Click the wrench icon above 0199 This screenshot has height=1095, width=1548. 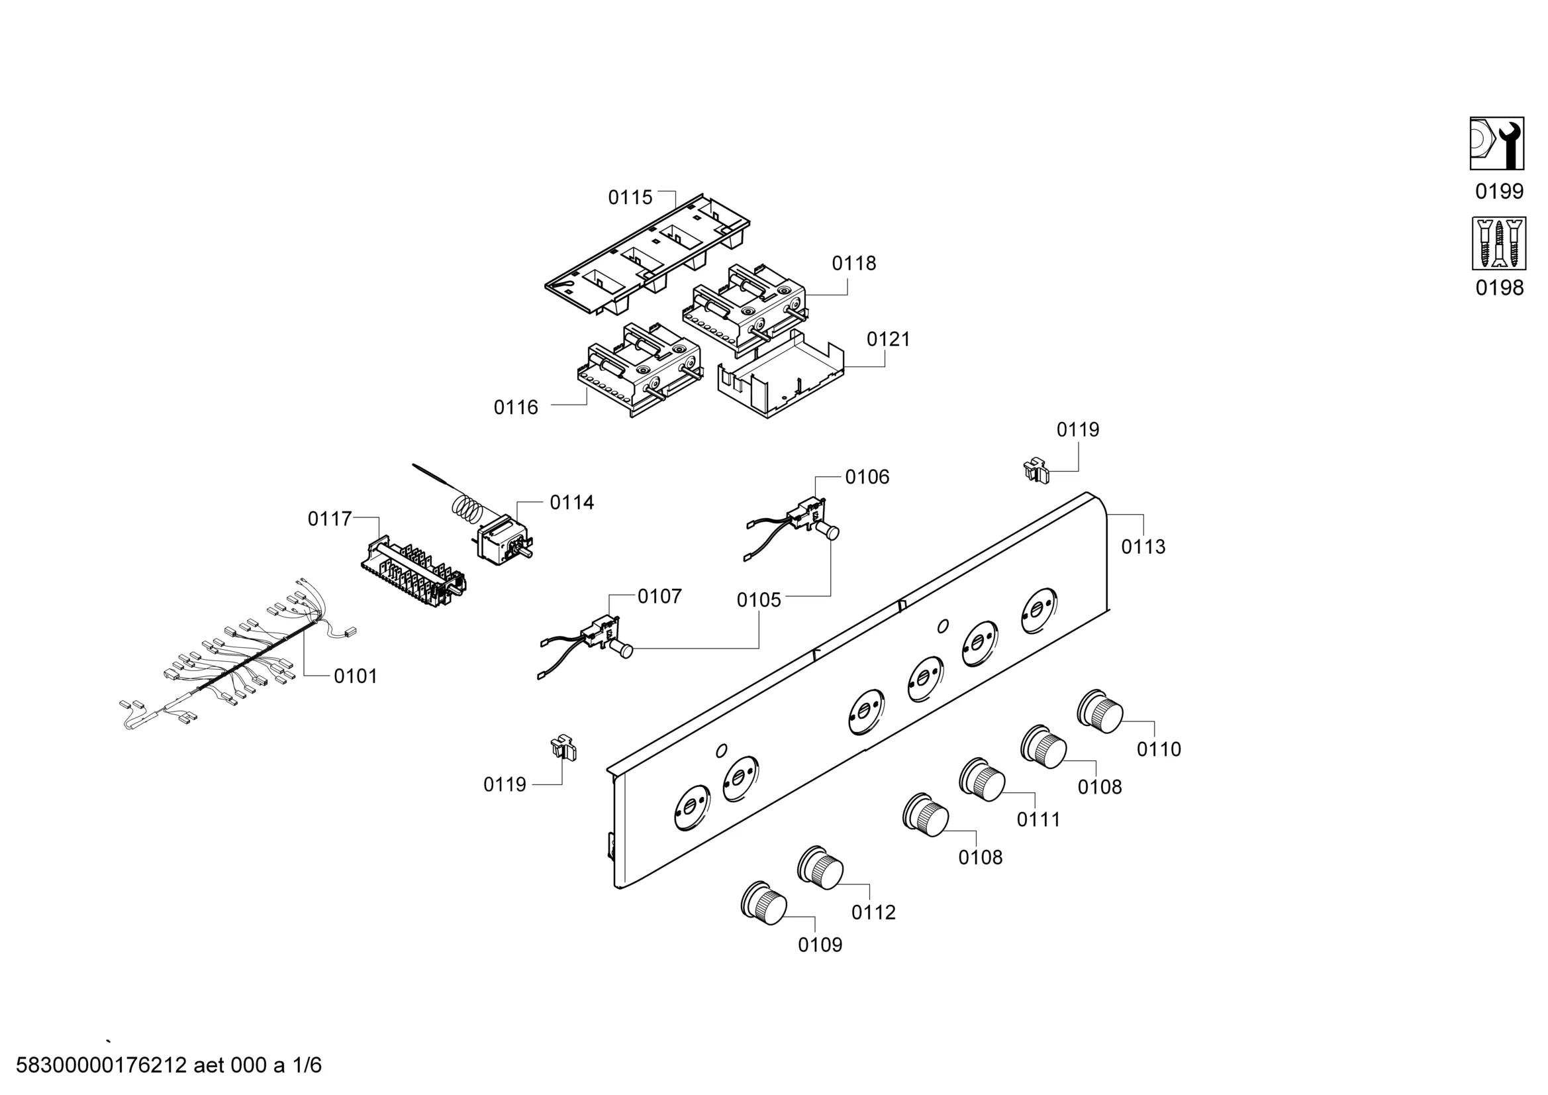(x=1497, y=144)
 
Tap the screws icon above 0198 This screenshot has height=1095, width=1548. (x=1498, y=244)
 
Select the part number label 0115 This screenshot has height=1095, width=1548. (x=630, y=197)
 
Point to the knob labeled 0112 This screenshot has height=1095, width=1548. (x=820, y=866)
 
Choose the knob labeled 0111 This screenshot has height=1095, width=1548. (x=983, y=779)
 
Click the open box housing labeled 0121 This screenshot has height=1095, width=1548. (x=782, y=378)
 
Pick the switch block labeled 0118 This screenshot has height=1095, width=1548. (x=745, y=307)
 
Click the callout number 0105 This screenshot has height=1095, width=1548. (x=759, y=600)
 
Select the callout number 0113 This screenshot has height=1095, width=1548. (x=1143, y=547)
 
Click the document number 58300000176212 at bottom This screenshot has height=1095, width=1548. (x=101, y=1065)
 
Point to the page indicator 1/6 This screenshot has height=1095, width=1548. (x=306, y=1065)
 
